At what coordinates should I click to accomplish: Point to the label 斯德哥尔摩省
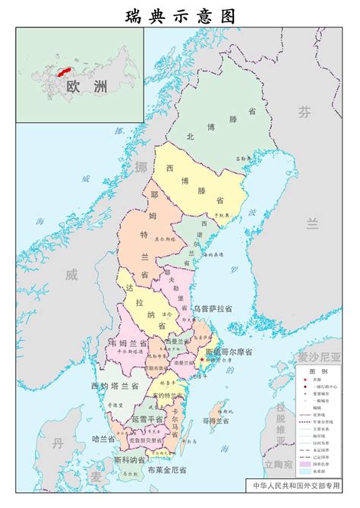(x=232, y=353)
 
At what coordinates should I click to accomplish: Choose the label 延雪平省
(x=147, y=418)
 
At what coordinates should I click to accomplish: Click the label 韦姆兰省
(x=123, y=343)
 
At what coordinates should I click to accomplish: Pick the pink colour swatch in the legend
(x=307, y=443)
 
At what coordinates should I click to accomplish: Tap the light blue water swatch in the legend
(x=307, y=450)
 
